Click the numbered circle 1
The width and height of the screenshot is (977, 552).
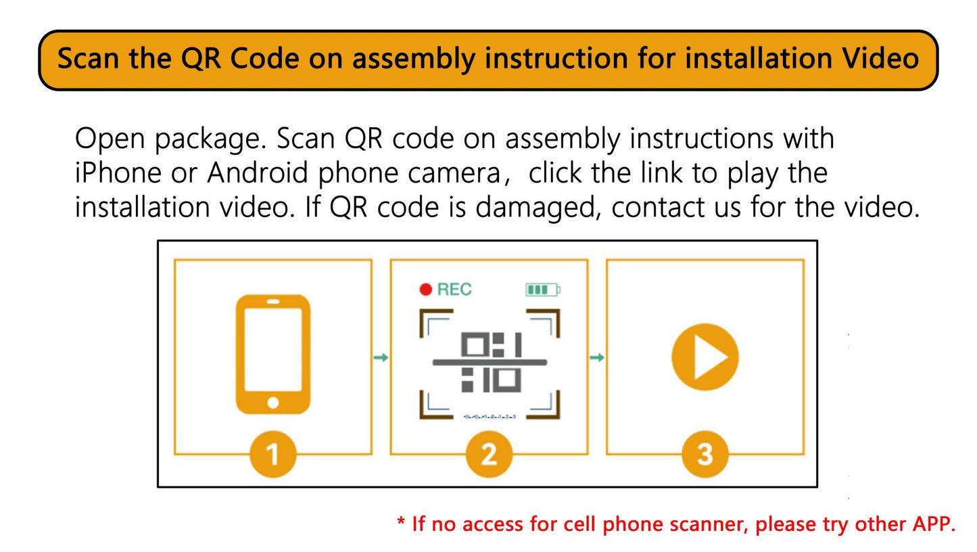(273, 455)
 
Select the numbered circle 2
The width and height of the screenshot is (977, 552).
(489, 455)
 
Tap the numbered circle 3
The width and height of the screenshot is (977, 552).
(705, 455)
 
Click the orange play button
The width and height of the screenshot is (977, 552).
(705, 357)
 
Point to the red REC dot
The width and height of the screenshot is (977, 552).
(426, 290)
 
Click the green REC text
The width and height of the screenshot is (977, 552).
(454, 290)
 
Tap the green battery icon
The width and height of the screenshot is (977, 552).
(542, 290)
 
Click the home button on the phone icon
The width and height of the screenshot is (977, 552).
(273, 402)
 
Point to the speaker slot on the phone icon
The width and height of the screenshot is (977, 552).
(273, 302)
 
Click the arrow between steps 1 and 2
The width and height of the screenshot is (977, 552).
(381, 357)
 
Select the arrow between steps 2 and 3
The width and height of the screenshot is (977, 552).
(596, 357)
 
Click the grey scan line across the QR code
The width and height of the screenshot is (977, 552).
(490, 362)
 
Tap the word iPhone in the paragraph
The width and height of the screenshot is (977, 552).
(118, 172)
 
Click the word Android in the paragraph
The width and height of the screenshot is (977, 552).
(258, 172)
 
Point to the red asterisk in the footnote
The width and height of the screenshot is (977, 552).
(401, 522)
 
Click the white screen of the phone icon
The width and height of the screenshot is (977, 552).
(273, 350)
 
